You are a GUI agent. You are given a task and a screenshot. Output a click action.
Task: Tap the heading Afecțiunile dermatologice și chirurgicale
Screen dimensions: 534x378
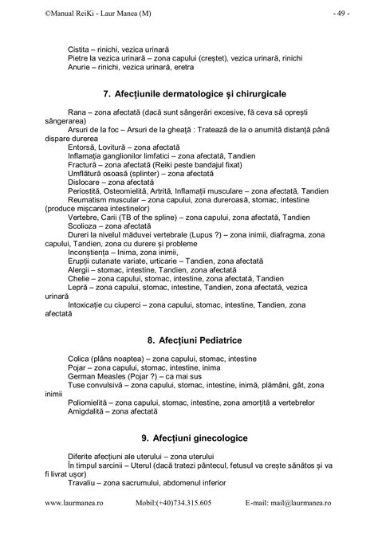tap(195, 95)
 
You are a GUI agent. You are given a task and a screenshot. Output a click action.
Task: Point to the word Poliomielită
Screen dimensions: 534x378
tap(90, 402)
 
